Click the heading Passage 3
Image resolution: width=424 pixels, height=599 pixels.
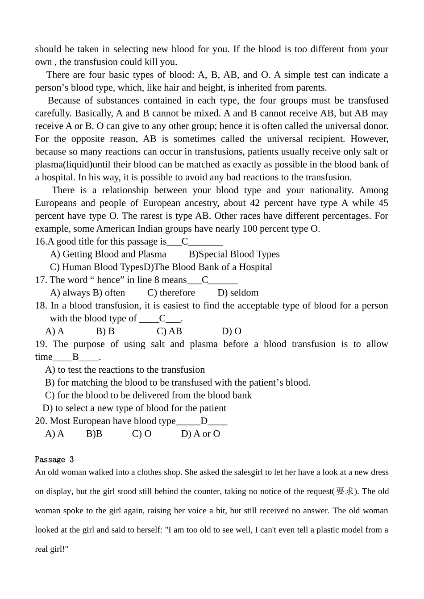point(54,459)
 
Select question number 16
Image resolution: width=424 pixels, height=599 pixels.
point(41,242)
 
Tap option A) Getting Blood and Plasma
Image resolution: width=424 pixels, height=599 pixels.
point(108,254)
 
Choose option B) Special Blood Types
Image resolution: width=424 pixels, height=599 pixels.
point(234,254)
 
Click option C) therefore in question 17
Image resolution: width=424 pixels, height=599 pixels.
point(171,293)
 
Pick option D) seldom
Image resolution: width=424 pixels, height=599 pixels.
point(238,293)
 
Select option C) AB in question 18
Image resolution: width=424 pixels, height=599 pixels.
point(169,331)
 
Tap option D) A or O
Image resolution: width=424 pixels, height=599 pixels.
point(200,434)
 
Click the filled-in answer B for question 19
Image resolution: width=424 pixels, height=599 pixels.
point(75,357)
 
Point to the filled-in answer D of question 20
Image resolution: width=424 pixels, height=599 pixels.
point(204,421)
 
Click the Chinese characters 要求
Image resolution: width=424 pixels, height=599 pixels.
point(345,491)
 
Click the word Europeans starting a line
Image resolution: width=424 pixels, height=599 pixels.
point(56,203)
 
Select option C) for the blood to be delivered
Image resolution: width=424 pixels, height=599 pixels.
point(148,395)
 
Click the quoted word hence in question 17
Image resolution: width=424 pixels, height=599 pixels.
point(108,280)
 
